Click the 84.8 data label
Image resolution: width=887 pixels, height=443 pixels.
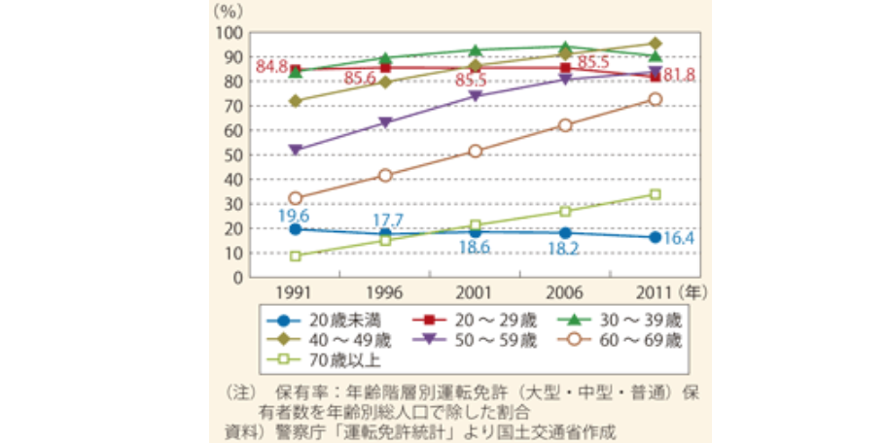[270, 67]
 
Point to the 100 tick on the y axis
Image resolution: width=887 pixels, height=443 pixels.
[227, 32]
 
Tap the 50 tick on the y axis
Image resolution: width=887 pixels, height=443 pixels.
[231, 154]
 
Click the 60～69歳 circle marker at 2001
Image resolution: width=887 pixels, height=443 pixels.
[476, 152]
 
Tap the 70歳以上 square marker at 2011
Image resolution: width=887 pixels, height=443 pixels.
[656, 194]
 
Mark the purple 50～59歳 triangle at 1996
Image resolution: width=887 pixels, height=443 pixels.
[385, 123]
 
